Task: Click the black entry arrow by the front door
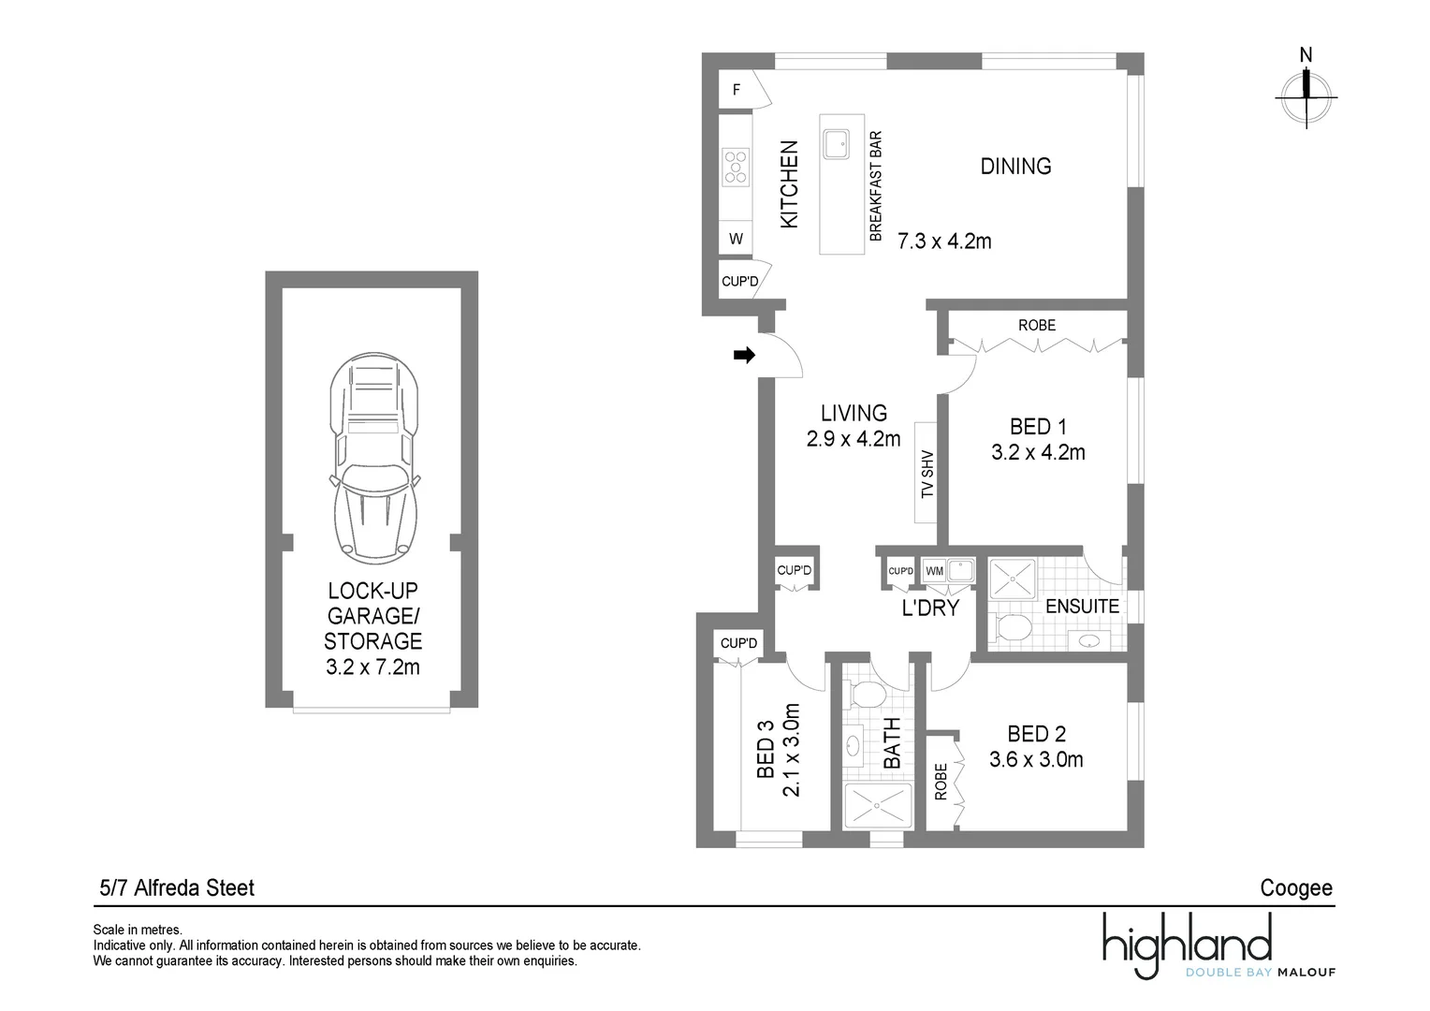[x=744, y=355]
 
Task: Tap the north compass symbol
[x=1306, y=92]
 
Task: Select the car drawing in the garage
[x=374, y=458]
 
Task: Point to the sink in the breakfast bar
[x=836, y=144]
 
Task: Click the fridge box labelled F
[x=737, y=90]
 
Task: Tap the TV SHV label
[x=927, y=474]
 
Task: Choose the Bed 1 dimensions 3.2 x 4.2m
[x=1038, y=452]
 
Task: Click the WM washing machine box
[x=934, y=571]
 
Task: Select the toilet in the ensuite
[x=1010, y=627]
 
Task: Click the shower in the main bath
[x=878, y=806]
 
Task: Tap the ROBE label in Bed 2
[x=941, y=782]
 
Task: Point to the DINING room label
[x=1015, y=166]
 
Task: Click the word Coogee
[x=1296, y=888]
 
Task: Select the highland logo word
[x=1188, y=942]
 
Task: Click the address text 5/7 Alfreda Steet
[x=177, y=887]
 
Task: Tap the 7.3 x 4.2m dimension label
[x=944, y=242]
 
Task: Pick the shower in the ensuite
[x=1013, y=579]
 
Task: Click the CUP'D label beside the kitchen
[x=740, y=281]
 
